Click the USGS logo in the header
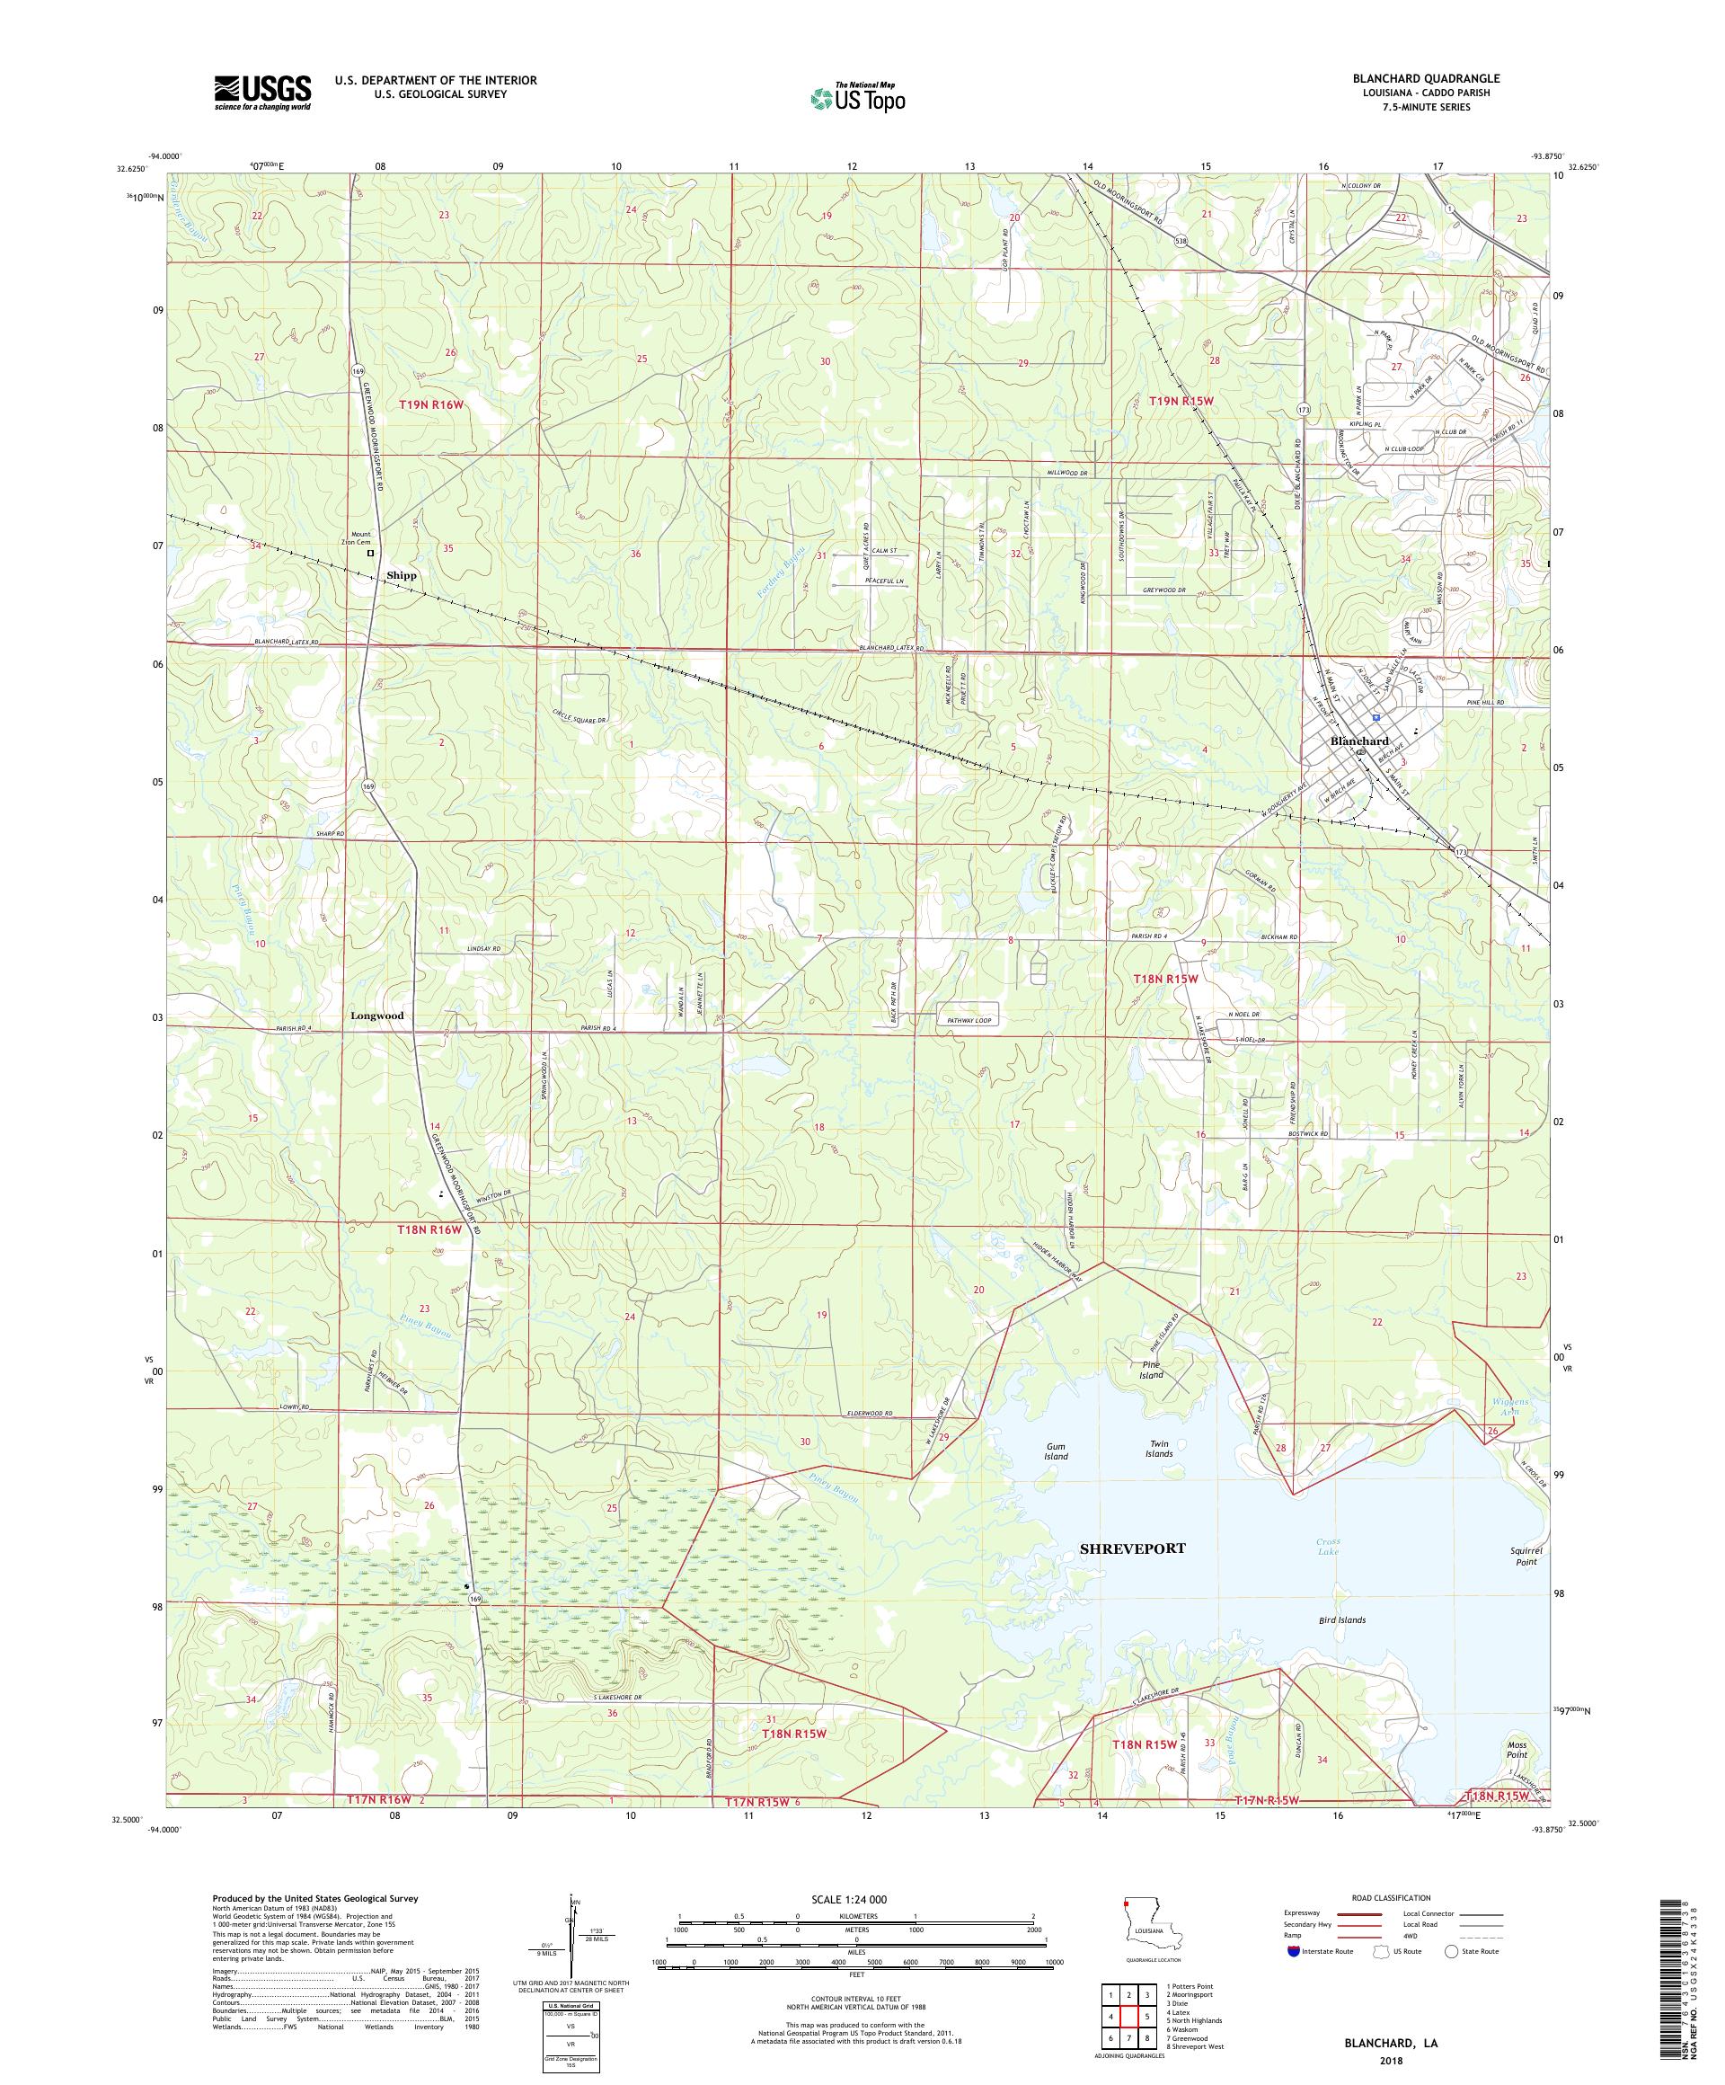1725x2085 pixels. (263, 93)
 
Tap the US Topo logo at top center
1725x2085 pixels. (857, 97)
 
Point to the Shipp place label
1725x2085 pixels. (402, 575)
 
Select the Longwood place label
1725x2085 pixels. (376, 1016)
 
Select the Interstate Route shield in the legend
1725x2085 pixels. (1291, 1950)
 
